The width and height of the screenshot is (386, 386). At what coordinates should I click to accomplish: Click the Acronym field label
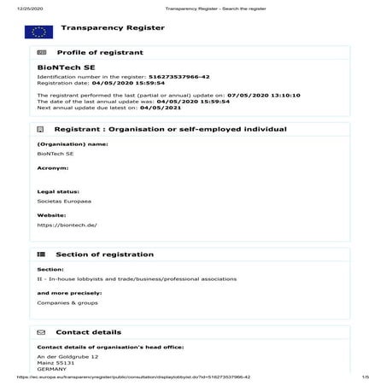point(53,169)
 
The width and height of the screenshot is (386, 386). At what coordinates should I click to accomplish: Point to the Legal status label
point(58,192)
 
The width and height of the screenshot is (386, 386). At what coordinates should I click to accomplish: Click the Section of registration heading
point(104,254)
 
